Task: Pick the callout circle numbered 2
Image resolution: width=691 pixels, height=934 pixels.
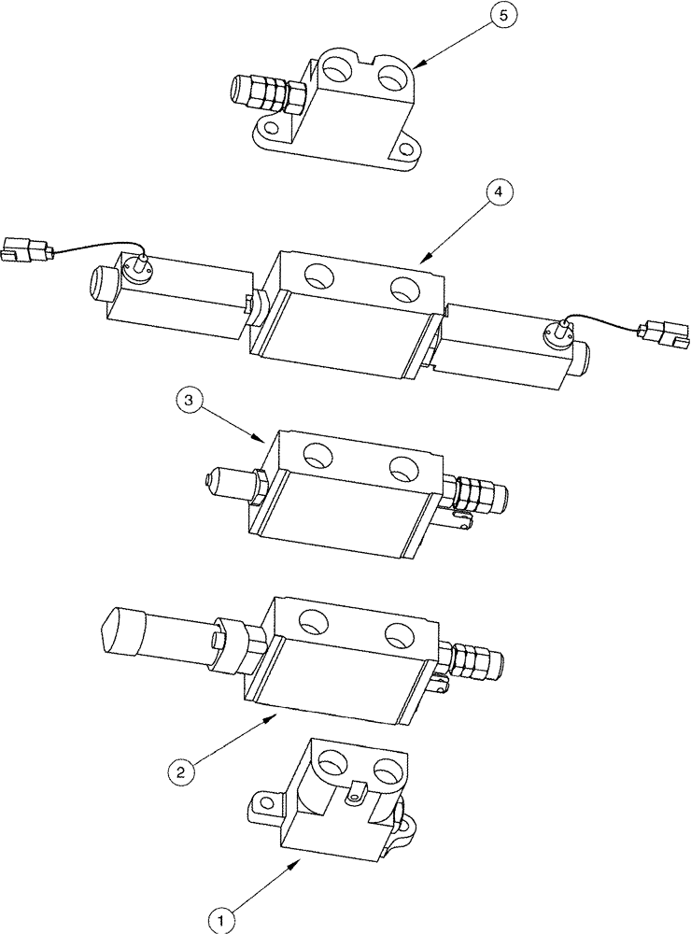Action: pyautogui.click(x=181, y=771)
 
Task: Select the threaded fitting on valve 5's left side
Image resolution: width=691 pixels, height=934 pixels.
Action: pyautogui.click(x=263, y=93)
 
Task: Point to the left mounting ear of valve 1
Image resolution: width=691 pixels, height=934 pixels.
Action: pyautogui.click(x=263, y=800)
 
